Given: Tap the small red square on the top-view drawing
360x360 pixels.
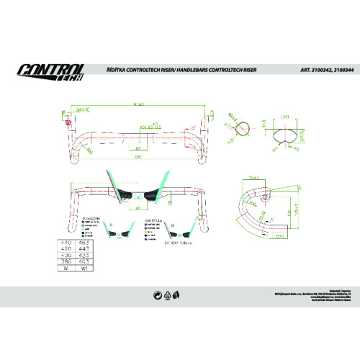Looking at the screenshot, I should [68, 122].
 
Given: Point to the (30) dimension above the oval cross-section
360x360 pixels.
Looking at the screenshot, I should [284, 116].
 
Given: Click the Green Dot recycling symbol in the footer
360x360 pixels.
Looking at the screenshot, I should [157, 294].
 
